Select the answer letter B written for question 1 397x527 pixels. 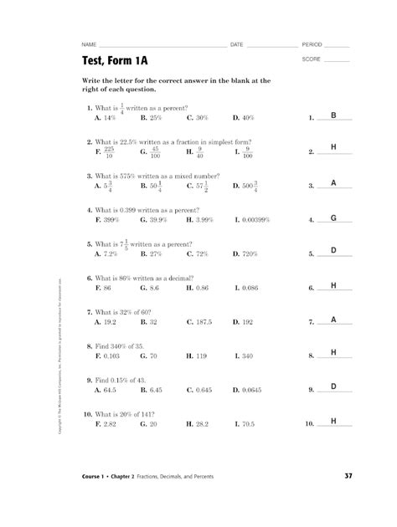pyautogui.click(x=333, y=115)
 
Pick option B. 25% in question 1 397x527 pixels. pyautogui.click(x=155, y=118)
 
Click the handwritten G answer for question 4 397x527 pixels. pyautogui.click(x=333, y=217)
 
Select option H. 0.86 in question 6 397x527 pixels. pyautogui.click(x=199, y=287)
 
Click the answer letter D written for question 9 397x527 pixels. pyautogui.click(x=333, y=386)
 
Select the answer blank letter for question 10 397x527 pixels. pyautogui.click(x=333, y=421)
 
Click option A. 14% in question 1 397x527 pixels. pyautogui.click(x=106, y=118)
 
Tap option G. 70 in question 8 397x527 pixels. pyautogui.click(x=152, y=355)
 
